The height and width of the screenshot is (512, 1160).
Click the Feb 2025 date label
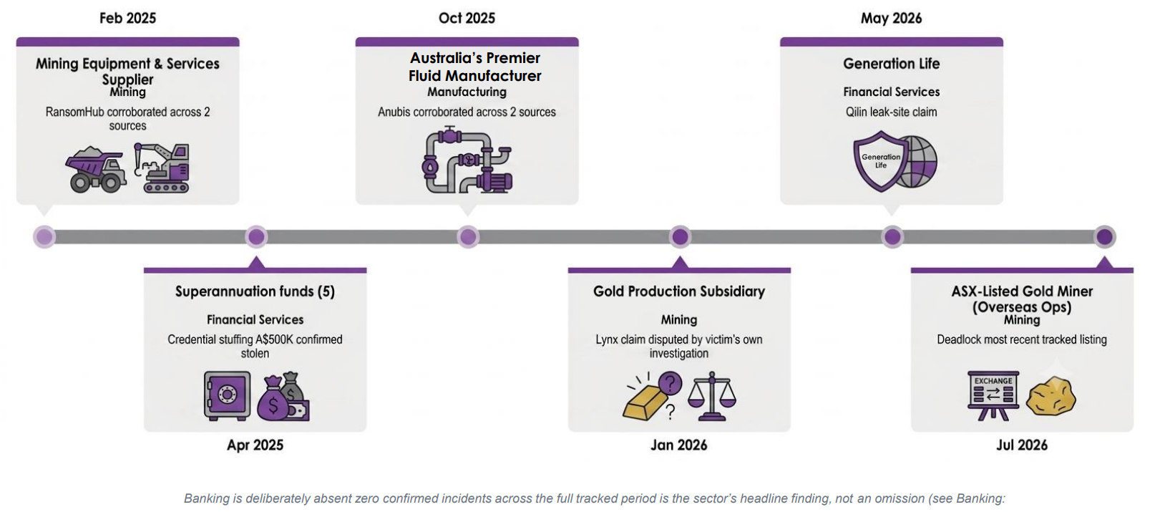click(x=127, y=18)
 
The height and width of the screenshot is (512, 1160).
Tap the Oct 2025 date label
click(x=467, y=18)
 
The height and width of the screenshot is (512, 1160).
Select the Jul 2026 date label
click(x=1022, y=445)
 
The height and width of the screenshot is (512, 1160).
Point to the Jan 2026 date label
click(x=679, y=445)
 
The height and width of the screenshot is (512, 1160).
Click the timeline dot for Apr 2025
click(x=255, y=237)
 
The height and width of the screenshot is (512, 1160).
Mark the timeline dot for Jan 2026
click(x=680, y=237)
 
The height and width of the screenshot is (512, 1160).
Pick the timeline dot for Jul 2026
click(x=1105, y=237)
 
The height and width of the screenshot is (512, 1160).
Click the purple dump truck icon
click(x=96, y=170)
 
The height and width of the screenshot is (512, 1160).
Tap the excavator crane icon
click(x=162, y=168)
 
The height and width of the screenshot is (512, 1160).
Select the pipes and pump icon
click(x=467, y=160)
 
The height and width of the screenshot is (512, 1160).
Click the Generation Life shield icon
click(x=880, y=161)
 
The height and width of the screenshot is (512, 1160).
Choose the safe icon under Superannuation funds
click(x=227, y=395)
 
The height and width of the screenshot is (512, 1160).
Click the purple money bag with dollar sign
click(x=273, y=400)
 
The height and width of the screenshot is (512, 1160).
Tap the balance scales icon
click(x=712, y=396)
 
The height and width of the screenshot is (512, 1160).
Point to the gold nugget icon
click(x=1051, y=397)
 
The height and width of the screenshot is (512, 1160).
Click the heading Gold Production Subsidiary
click(x=679, y=291)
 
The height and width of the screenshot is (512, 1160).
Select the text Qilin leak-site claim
click(x=891, y=112)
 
